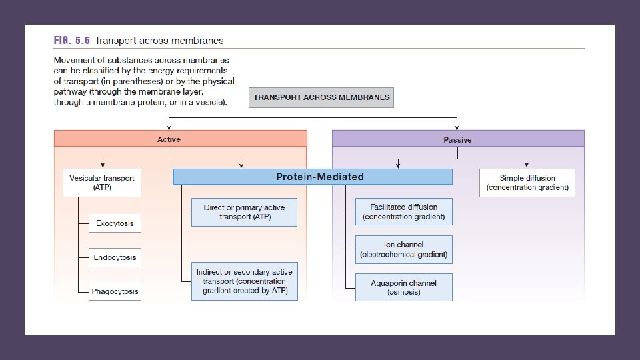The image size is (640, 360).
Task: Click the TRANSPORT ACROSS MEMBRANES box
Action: [x=321, y=97]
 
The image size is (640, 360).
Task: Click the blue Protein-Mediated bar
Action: [x=312, y=177]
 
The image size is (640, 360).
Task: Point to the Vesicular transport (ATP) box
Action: [x=102, y=183]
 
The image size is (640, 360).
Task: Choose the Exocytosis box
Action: [x=115, y=223]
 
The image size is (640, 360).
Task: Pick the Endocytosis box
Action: [x=115, y=257]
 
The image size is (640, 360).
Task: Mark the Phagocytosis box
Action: [x=115, y=291]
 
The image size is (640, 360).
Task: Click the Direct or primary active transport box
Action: [x=244, y=212]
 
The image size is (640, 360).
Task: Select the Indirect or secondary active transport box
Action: [x=244, y=281]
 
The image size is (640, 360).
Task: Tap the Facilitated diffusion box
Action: [x=403, y=212]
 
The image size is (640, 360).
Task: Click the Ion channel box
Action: [x=403, y=249]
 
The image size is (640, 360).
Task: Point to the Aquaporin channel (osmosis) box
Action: [x=403, y=287]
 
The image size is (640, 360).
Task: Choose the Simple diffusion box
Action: [x=527, y=183]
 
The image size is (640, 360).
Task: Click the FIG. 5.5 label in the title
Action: [x=71, y=41]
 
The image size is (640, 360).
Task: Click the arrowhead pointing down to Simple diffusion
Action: [x=527, y=164]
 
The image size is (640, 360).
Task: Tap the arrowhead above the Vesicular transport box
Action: [x=102, y=164]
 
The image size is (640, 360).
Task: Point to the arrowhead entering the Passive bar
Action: [x=457, y=127]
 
